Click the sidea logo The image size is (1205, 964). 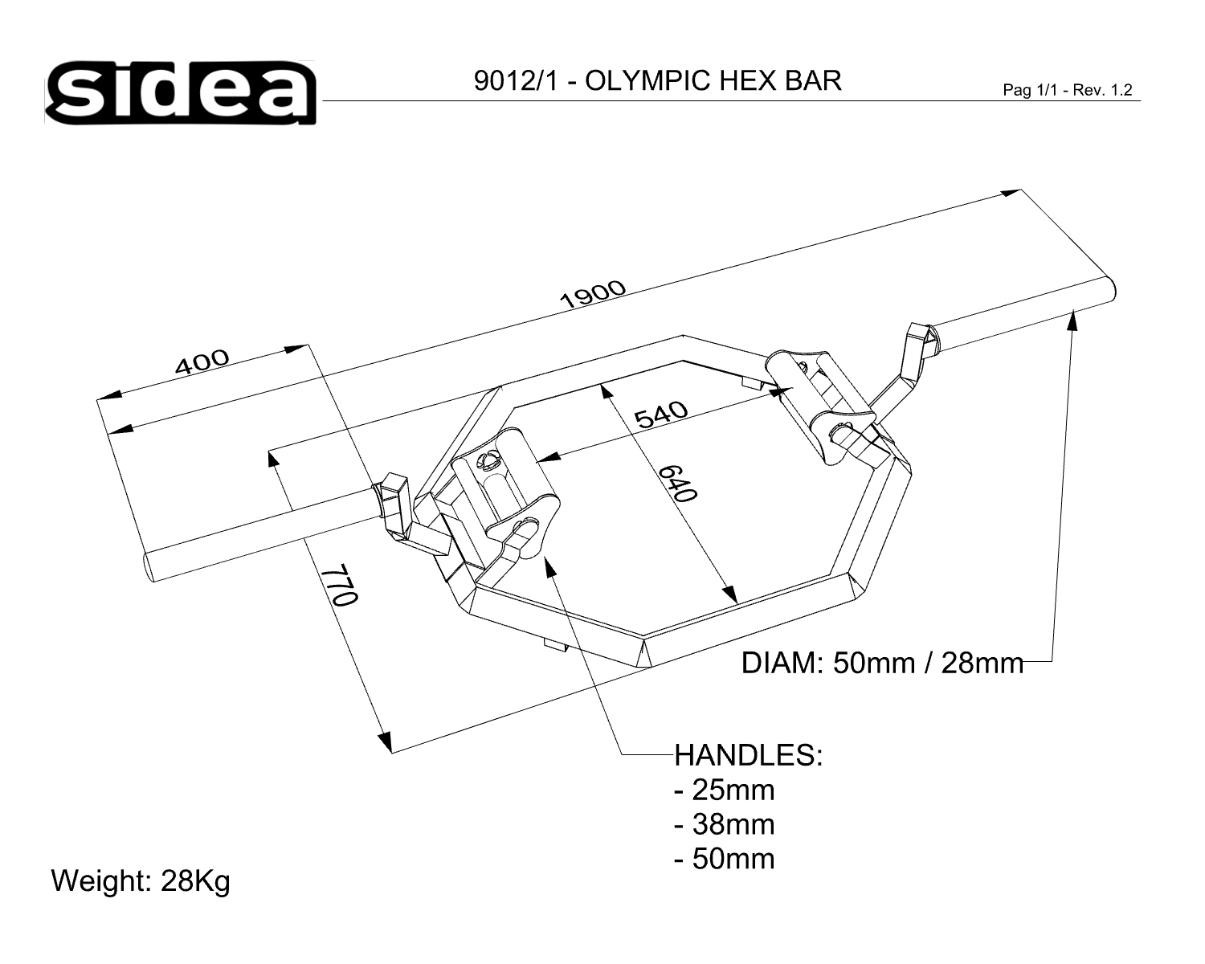[180, 92]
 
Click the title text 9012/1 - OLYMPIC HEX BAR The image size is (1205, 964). [657, 81]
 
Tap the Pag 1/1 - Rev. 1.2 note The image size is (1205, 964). [1068, 90]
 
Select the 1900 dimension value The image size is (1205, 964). [592, 294]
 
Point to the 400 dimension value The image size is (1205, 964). [202, 362]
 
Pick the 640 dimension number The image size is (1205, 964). [677, 484]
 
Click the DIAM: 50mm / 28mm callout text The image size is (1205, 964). [882, 664]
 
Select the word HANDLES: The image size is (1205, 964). [748, 755]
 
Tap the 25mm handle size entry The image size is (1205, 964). [725, 790]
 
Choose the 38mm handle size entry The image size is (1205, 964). [725, 824]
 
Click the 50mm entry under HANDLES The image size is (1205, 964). [725, 859]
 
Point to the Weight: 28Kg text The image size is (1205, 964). [141, 881]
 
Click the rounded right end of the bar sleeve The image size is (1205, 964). [1109, 292]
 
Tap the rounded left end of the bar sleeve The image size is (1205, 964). [149, 567]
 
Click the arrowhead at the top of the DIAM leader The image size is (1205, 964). [1072, 320]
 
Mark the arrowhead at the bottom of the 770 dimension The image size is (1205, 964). [386, 741]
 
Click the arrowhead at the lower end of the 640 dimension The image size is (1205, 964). [730, 594]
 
